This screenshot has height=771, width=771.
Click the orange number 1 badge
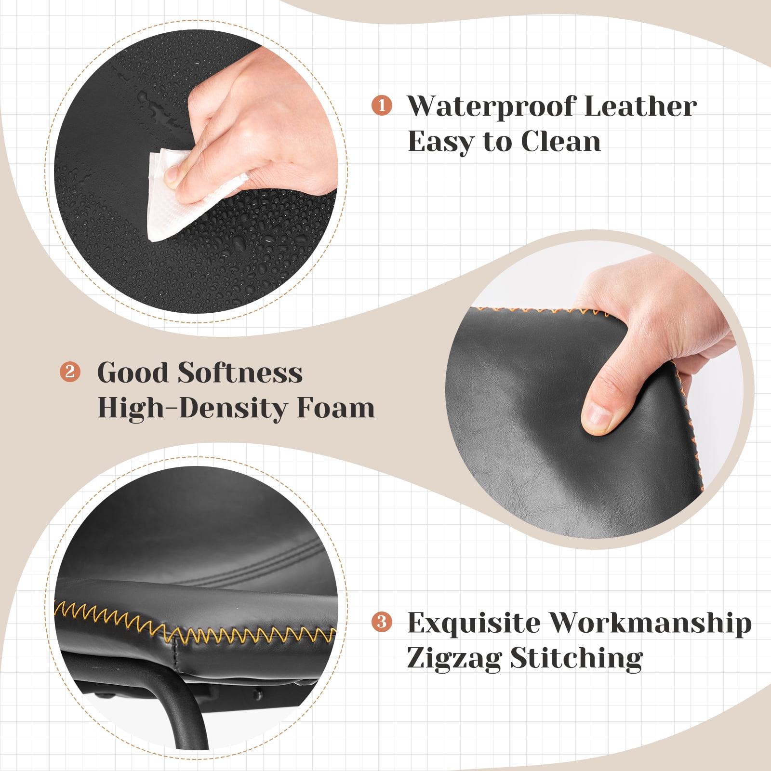point(382,105)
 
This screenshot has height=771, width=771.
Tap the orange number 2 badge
point(70,372)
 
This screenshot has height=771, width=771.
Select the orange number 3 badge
point(382,622)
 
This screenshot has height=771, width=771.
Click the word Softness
point(240,372)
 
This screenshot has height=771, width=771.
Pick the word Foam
point(335,408)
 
